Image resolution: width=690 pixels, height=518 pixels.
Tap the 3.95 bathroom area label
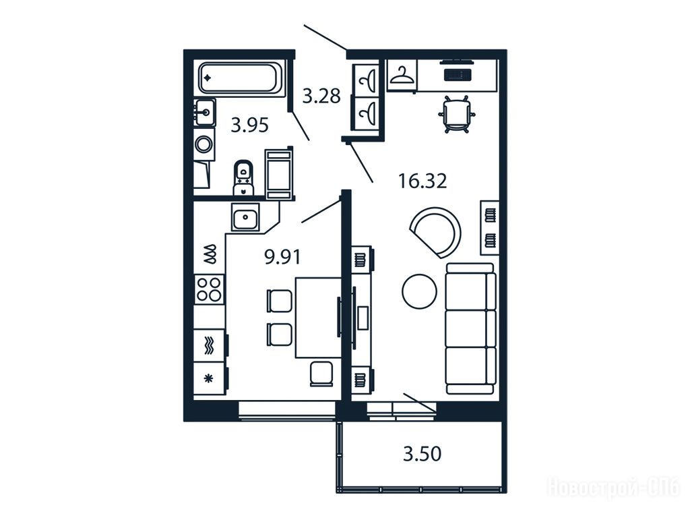pos(249,125)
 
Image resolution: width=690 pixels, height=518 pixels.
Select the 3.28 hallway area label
pos(321,96)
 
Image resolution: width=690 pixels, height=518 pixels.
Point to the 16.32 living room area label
pos(422,181)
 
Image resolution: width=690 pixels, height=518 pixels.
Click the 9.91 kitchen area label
pos(282,256)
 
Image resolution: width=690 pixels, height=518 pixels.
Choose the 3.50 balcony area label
pos(422,454)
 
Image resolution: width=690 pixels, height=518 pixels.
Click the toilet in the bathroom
pos(243,177)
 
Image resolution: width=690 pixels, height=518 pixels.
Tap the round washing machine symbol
pos(204,144)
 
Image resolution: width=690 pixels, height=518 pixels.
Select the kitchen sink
pos(245,218)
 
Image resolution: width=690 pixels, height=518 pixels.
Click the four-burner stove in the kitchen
pos(209,289)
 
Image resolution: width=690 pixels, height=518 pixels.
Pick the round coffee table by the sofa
pos(419,291)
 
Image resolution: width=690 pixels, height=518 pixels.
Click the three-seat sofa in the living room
pos(470,328)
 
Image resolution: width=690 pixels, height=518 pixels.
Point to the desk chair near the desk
pos(457,113)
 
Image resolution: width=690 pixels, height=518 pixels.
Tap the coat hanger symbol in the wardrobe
pos(402,75)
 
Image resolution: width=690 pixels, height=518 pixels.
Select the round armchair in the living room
pos(436,233)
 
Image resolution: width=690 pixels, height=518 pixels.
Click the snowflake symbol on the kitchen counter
pos(209,378)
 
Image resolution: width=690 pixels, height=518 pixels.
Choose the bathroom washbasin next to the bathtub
pos(205,112)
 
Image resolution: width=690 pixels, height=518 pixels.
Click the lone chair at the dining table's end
pos(321,374)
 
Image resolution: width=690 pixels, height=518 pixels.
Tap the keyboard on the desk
pos(458,74)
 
